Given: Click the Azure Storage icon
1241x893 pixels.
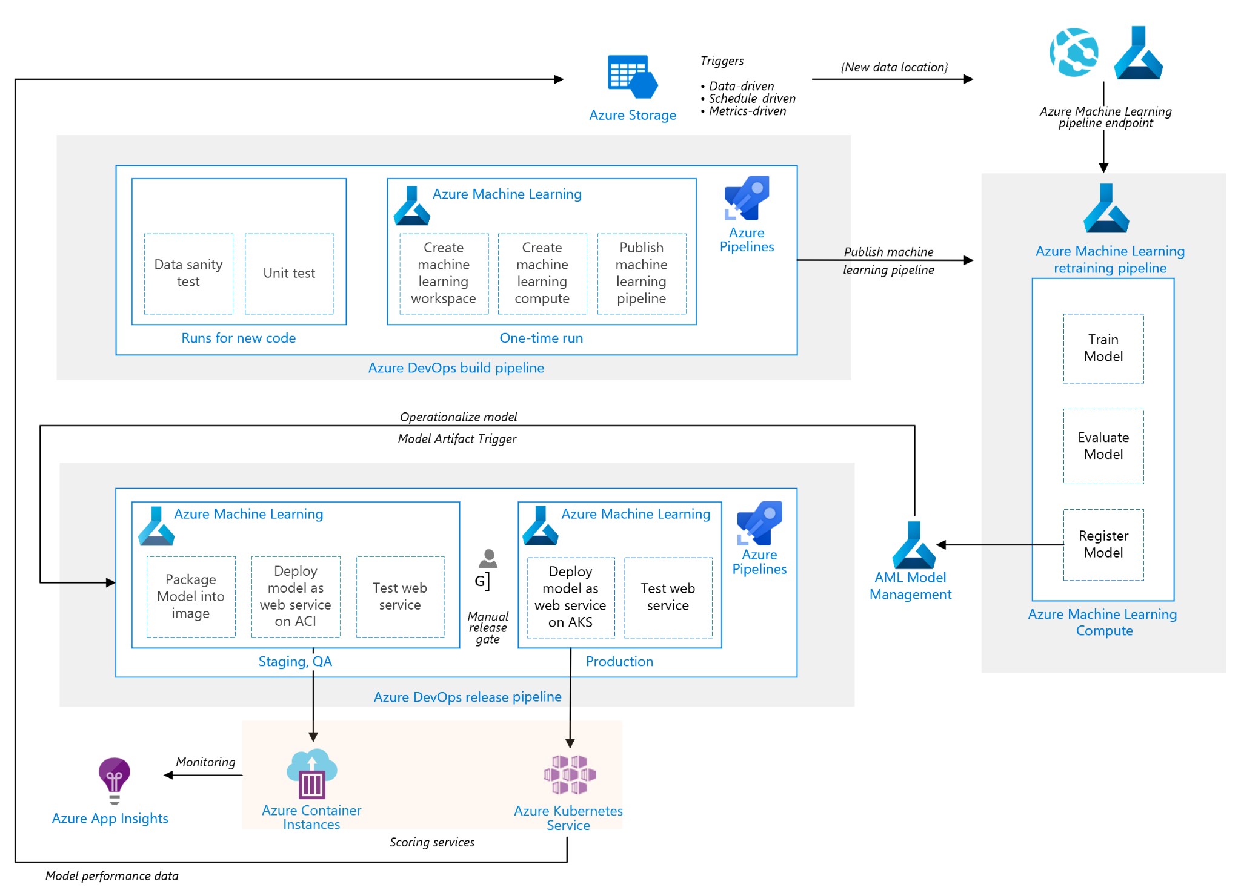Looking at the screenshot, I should (632, 77).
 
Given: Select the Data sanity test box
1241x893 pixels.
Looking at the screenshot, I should (188, 274).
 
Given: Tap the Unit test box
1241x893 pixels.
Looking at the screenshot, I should (289, 274).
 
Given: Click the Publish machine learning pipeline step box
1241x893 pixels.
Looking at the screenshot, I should (641, 274).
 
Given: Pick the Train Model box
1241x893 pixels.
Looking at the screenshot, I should (1103, 348).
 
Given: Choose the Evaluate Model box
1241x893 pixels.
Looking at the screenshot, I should (1103, 446).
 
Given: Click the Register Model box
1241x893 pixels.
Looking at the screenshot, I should (1103, 544).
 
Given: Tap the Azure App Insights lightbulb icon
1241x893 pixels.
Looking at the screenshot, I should (115, 780).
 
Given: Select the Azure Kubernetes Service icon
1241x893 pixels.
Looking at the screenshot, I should (570, 774).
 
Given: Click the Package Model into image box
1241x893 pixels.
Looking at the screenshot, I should (191, 596).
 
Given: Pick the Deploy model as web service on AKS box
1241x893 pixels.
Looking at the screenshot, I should (570, 597).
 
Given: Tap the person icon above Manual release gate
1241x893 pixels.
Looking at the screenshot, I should (488, 559).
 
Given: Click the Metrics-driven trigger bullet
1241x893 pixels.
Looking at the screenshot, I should (747, 111).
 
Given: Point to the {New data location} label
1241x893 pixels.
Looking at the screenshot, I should (894, 67).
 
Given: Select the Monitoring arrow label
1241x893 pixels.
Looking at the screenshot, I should (205, 762).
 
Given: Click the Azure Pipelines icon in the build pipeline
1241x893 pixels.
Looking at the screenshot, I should (747, 198).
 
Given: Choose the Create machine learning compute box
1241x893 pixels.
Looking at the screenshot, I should (542, 274).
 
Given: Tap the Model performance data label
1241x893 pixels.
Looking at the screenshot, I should (112, 876).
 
